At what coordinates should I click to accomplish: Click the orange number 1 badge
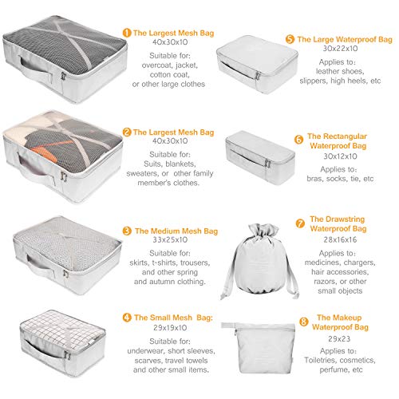point(127,33)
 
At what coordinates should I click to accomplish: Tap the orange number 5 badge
point(290,39)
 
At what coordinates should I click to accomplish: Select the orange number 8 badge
point(304,322)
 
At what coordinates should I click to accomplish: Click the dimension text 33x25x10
point(170,239)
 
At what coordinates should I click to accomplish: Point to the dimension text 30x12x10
point(340,156)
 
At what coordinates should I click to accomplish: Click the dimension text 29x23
point(339,339)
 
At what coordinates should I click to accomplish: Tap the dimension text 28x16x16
point(340,239)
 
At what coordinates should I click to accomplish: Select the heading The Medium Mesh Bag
point(176,231)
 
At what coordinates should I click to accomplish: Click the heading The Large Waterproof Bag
point(345,39)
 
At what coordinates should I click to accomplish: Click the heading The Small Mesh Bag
point(173,318)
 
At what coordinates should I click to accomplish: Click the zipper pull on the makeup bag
point(228,326)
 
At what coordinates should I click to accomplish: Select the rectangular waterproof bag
point(260,157)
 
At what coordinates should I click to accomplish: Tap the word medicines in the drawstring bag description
point(322,263)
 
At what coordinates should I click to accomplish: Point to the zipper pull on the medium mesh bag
point(65,274)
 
